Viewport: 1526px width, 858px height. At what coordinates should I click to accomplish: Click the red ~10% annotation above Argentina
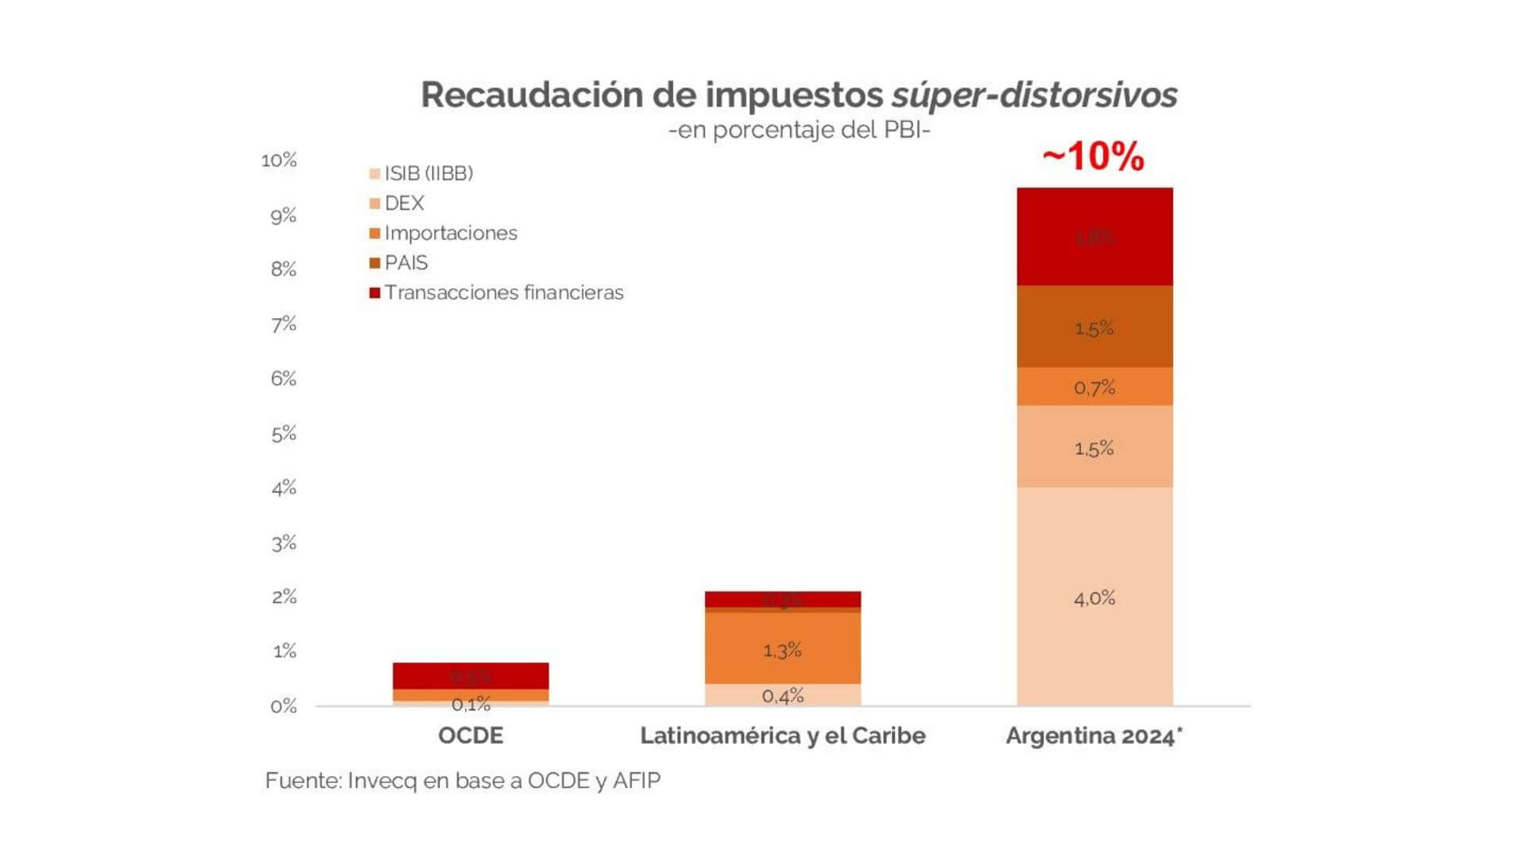[x=1093, y=157]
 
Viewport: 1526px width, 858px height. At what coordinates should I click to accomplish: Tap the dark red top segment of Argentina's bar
[x=1094, y=237]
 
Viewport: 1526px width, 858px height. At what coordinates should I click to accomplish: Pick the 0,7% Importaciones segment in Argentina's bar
[x=1094, y=387]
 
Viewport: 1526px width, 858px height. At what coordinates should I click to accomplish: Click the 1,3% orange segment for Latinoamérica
[x=782, y=649]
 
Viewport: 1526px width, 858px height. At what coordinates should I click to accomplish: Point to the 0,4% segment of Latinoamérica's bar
[x=782, y=695]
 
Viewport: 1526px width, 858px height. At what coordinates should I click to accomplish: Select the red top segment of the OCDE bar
[x=471, y=675]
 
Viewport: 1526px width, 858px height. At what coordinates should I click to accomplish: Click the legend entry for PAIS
[x=405, y=263]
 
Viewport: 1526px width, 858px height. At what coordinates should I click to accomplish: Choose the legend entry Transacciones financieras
[x=503, y=292]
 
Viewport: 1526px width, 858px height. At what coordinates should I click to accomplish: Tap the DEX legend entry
[x=404, y=203]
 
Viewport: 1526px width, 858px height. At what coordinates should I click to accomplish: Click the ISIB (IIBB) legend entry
[x=428, y=173]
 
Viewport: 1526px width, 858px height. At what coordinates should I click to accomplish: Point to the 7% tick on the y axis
[x=284, y=324]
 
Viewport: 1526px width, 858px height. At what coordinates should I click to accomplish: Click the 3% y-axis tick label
[x=284, y=543]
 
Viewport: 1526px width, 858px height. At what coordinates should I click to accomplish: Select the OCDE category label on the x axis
[x=471, y=736]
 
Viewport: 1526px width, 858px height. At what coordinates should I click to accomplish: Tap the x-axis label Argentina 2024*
[x=1094, y=736]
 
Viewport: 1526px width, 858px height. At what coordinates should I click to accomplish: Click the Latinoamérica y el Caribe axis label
[x=782, y=736]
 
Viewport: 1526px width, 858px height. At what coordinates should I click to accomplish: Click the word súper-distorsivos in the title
[x=1033, y=95]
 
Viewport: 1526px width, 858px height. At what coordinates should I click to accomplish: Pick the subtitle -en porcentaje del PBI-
[x=799, y=129]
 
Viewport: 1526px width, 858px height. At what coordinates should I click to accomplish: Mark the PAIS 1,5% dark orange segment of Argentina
[x=1094, y=327]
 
